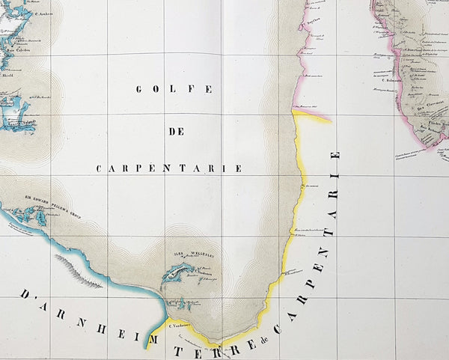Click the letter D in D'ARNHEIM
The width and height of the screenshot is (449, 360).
click(23, 293)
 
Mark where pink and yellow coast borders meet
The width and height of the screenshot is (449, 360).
click(293, 115)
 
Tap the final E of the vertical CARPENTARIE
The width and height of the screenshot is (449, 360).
click(335, 156)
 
